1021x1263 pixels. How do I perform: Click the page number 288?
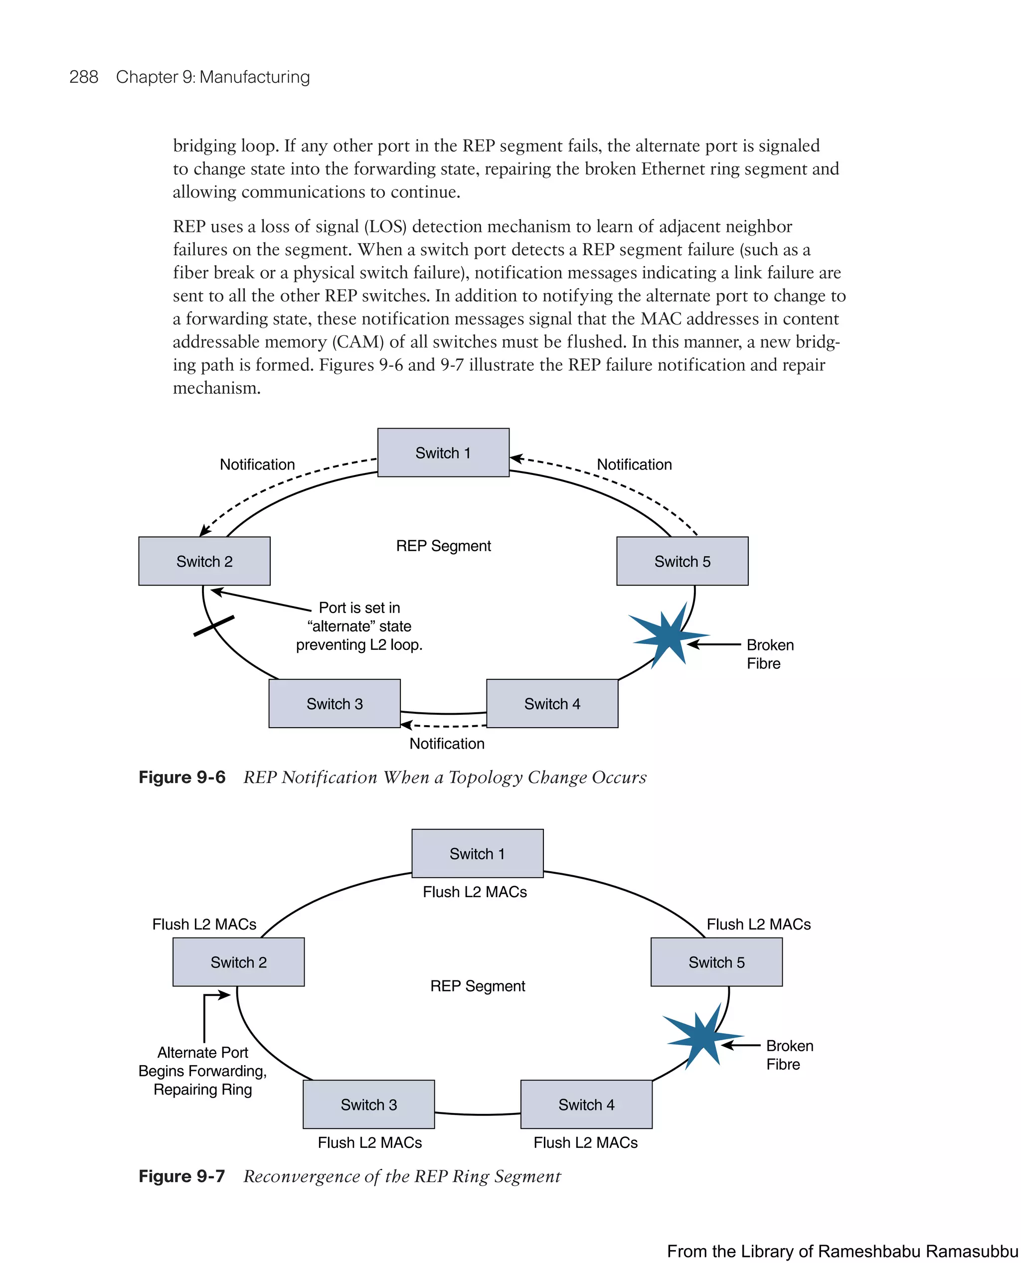tap(84, 77)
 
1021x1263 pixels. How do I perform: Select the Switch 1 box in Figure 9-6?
tap(443, 452)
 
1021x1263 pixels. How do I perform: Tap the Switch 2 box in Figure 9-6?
tap(204, 561)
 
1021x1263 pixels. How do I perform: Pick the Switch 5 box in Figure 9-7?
tap(716, 962)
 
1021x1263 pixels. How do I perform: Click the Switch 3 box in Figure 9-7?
tap(368, 1104)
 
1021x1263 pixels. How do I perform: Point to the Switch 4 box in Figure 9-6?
tap(552, 703)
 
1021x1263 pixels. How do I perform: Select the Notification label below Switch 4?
tap(447, 744)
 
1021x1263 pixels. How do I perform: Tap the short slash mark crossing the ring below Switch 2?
tap(214, 626)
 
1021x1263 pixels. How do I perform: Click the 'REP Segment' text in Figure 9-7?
tap(477, 986)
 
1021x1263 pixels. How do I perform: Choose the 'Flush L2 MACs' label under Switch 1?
tap(475, 892)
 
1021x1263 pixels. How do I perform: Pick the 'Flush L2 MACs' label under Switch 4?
tap(585, 1142)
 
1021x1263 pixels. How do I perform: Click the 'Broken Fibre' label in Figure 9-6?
tap(769, 654)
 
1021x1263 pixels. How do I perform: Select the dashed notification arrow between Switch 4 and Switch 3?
tap(444, 726)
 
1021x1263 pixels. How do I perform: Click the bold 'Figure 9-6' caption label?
tap(182, 778)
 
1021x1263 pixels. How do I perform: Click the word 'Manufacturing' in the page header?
tap(254, 77)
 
